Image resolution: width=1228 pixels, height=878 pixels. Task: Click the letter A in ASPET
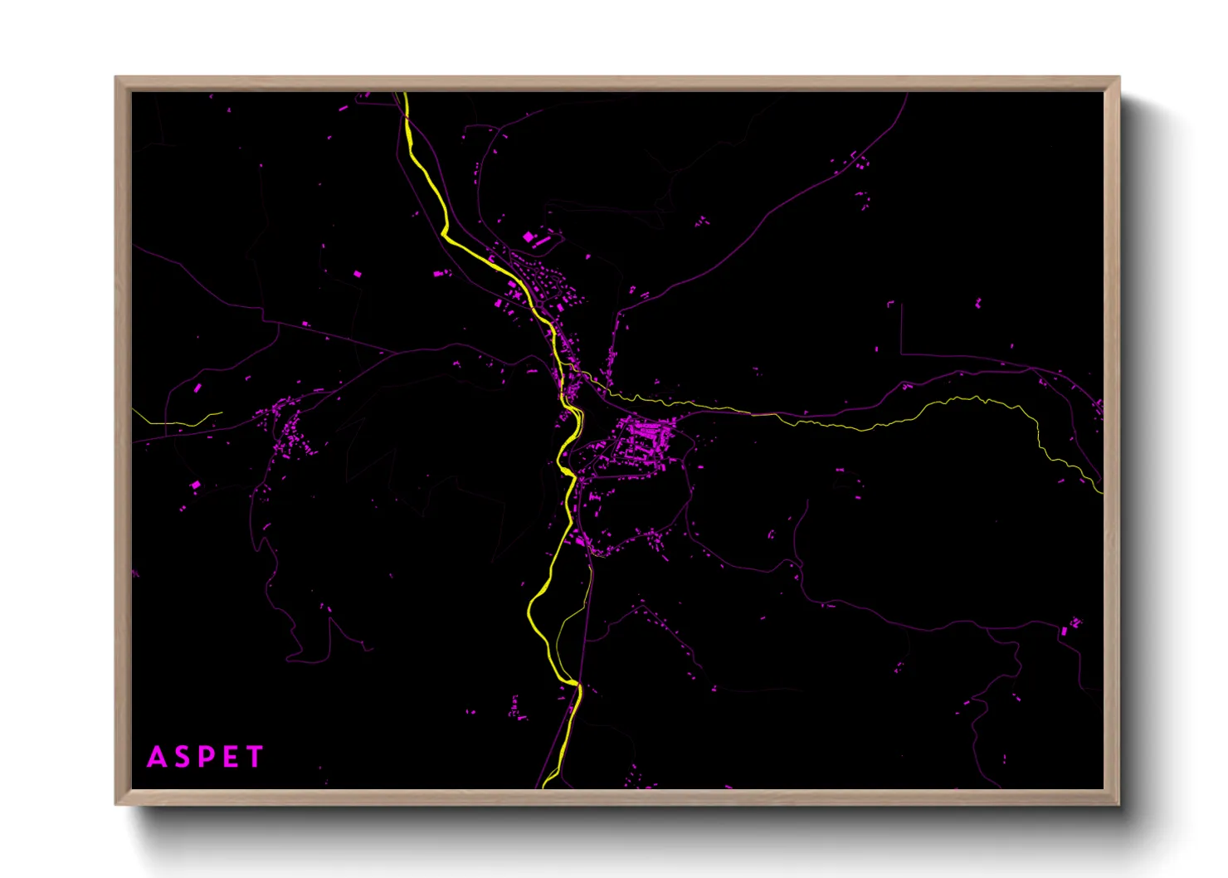156,757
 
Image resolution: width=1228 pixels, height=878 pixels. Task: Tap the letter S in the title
182,757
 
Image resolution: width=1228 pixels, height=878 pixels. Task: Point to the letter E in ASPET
231,757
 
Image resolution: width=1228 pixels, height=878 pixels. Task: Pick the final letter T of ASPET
255,757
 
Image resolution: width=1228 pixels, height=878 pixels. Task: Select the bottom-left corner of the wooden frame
116,803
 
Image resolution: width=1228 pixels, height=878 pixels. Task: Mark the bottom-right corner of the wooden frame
1118,803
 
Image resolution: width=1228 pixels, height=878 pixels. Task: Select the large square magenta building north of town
529,237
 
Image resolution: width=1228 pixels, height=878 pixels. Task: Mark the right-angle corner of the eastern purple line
901,354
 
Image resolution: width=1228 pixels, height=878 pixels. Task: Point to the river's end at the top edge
405,95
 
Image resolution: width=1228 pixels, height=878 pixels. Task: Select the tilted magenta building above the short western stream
197,388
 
